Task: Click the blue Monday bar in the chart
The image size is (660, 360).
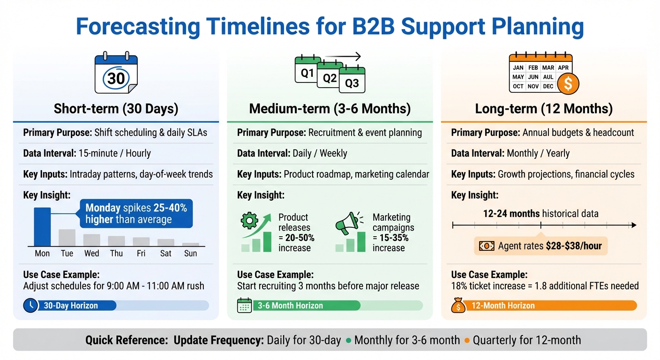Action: [42, 226]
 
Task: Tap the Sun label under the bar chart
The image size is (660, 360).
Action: [190, 254]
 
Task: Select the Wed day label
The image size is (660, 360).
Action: [91, 254]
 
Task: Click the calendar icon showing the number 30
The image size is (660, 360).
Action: [116, 75]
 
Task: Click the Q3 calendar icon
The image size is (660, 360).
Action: [352, 81]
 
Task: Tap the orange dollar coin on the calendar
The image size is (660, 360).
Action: [568, 84]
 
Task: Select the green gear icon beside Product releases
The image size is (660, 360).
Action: [249, 221]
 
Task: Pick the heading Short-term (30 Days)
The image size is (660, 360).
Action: [116, 109]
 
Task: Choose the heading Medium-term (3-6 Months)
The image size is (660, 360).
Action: [330, 109]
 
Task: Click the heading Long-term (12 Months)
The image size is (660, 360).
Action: [544, 109]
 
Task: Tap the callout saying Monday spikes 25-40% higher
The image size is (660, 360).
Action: [136, 214]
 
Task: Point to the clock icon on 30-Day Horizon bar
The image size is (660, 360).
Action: [30, 306]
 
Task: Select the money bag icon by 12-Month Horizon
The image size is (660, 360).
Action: [458, 306]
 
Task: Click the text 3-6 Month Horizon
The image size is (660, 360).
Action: [290, 306]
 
